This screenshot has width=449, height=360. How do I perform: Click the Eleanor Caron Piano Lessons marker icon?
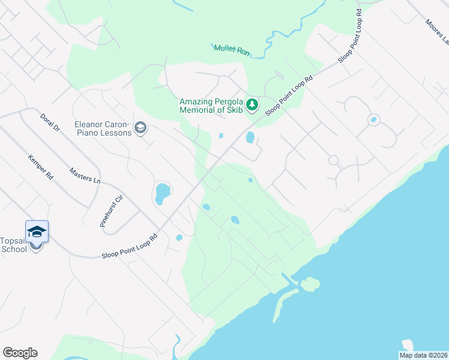coord(141,128)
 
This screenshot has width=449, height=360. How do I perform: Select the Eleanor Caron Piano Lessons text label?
coord(103,128)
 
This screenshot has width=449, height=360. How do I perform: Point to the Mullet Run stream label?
coord(231,50)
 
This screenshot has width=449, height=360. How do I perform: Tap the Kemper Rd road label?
coord(40,167)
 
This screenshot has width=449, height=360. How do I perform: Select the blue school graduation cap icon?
coord(37,232)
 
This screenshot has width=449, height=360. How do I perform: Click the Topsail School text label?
coord(14,245)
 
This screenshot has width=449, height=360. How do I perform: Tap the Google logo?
coord(20,353)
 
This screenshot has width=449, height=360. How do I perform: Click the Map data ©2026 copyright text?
coord(423,355)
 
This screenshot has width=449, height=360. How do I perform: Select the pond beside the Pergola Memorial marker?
coord(250,138)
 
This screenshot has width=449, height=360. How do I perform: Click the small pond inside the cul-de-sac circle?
coord(374,120)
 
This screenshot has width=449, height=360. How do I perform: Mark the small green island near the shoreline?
coord(310,284)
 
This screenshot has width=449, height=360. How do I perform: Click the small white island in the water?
coord(408,345)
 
